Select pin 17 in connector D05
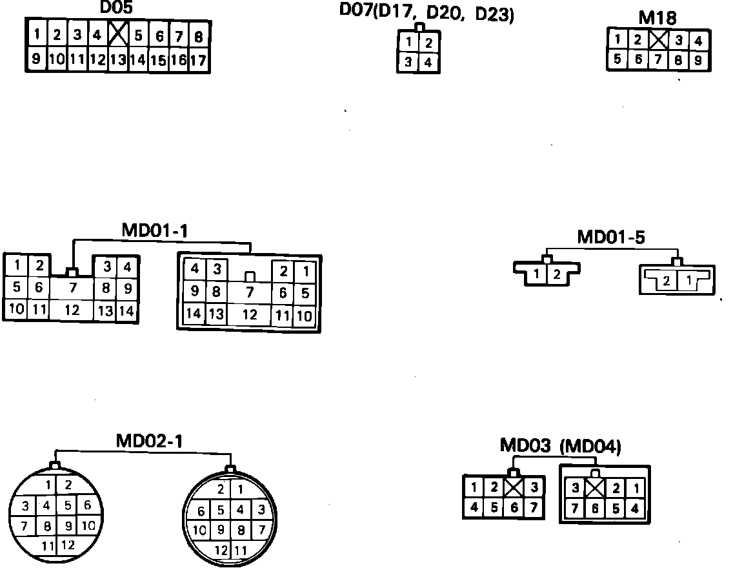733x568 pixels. (x=198, y=61)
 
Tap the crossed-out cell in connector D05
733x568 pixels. (x=117, y=34)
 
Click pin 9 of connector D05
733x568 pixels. (x=36, y=60)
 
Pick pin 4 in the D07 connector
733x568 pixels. (x=428, y=63)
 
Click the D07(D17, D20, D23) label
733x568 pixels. (x=427, y=14)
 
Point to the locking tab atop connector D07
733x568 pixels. (x=419, y=28)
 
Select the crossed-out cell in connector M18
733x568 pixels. (x=658, y=40)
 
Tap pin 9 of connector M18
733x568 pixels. (x=698, y=60)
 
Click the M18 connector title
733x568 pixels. (x=658, y=18)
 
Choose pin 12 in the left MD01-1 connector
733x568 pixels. (x=72, y=310)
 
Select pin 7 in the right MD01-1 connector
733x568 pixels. (x=249, y=293)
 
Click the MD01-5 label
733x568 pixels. (x=610, y=237)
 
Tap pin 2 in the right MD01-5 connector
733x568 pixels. (x=667, y=281)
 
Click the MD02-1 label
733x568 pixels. (x=149, y=441)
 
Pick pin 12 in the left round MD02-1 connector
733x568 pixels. (x=68, y=545)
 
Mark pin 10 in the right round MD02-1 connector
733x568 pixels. (x=200, y=531)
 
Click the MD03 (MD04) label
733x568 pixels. (x=560, y=446)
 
